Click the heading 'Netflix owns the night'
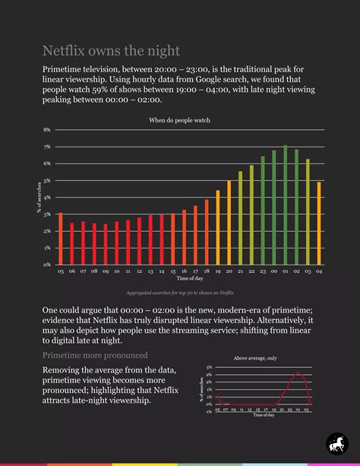(x=111, y=51)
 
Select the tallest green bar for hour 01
(x=286, y=205)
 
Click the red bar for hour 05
(x=61, y=239)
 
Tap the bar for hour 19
(x=218, y=227)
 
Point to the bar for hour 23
(x=263, y=211)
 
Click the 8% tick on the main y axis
(x=46, y=130)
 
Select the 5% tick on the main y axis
(x=46, y=181)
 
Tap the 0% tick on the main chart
(x=46, y=265)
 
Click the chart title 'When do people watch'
(x=179, y=120)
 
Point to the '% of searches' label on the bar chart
(x=39, y=198)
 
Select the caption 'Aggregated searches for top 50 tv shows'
(x=180, y=293)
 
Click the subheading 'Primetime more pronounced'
(x=95, y=354)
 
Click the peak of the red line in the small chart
(x=299, y=372)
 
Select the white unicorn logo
(x=336, y=442)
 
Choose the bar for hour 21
(x=241, y=218)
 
